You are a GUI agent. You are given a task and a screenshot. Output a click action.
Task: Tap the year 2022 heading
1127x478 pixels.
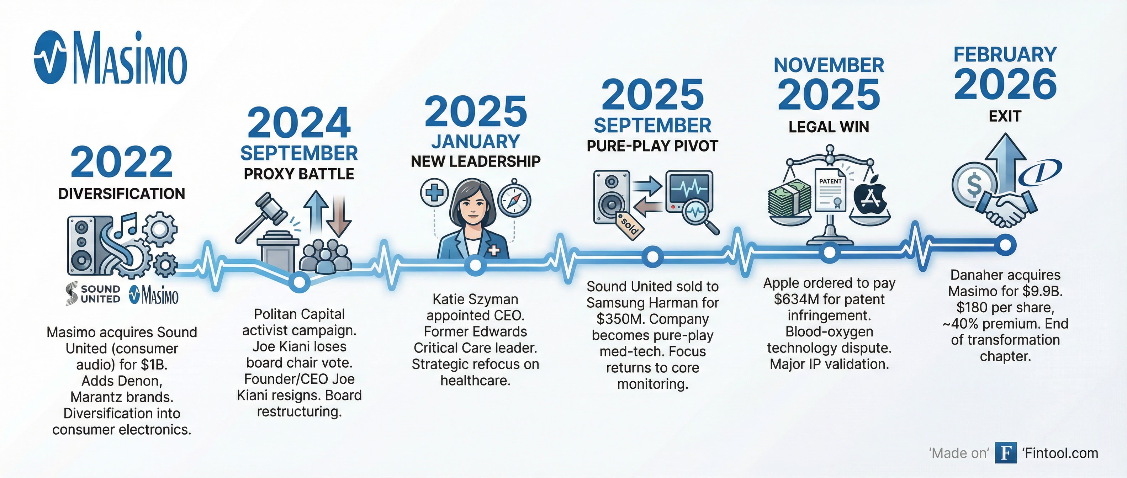click(122, 162)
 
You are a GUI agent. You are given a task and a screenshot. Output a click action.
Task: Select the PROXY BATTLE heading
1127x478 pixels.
click(299, 174)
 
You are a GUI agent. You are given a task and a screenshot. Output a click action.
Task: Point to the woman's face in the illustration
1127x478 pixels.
click(474, 206)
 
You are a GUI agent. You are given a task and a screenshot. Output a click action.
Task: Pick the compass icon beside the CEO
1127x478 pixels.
click(514, 200)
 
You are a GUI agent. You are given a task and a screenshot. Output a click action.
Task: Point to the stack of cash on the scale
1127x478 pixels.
click(790, 199)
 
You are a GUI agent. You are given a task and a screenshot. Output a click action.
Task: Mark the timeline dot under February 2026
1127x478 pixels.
click(1005, 244)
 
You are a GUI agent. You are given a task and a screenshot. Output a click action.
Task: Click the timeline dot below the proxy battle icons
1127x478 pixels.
click(299, 282)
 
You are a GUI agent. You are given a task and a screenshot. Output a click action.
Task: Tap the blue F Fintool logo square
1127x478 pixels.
click(1005, 453)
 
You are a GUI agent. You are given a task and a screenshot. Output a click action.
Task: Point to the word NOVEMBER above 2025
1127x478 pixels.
click(829, 65)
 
